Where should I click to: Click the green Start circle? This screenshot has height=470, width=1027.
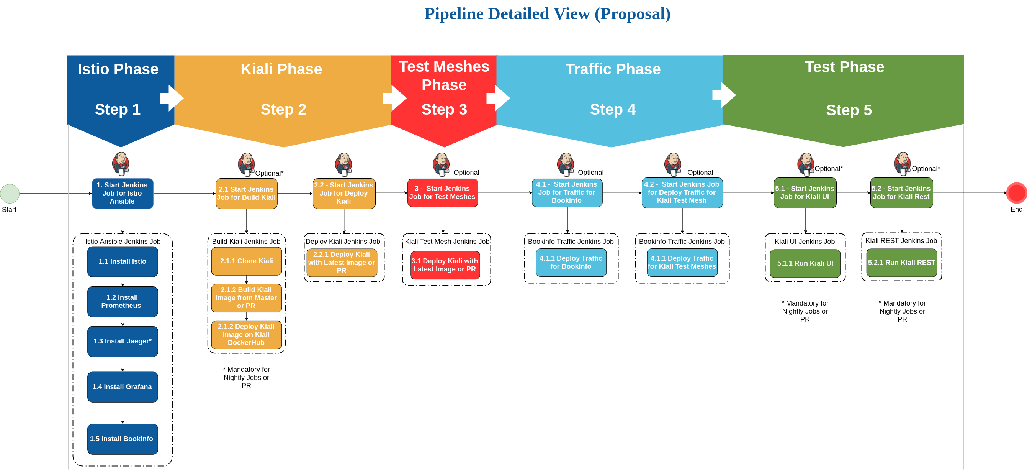[10, 194]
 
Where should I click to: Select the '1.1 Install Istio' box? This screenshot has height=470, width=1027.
[123, 262]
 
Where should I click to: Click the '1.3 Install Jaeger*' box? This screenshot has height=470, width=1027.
[123, 342]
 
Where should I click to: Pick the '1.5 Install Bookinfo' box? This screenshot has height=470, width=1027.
[123, 439]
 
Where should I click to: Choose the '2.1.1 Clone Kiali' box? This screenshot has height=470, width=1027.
[246, 261]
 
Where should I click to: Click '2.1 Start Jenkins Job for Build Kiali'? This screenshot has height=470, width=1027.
[246, 194]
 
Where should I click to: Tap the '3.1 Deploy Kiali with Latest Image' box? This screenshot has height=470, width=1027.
[445, 265]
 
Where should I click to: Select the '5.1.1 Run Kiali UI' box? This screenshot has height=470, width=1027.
[805, 263]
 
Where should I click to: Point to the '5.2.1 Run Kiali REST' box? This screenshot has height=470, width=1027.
[901, 263]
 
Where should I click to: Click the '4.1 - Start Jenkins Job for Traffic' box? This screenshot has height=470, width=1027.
[567, 193]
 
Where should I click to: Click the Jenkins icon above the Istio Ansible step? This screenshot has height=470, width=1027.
[121, 164]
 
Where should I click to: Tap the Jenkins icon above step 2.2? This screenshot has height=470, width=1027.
[343, 164]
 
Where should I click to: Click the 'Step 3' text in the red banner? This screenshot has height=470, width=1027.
[444, 110]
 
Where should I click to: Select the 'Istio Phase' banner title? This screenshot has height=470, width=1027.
[118, 69]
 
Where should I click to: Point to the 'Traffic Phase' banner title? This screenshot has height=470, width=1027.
[613, 69]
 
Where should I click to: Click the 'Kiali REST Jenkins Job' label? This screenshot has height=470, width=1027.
[901, 241]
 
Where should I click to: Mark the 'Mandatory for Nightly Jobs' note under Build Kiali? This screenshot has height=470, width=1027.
[246, 378]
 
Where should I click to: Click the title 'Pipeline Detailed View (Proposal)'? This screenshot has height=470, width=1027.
[547, 14]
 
